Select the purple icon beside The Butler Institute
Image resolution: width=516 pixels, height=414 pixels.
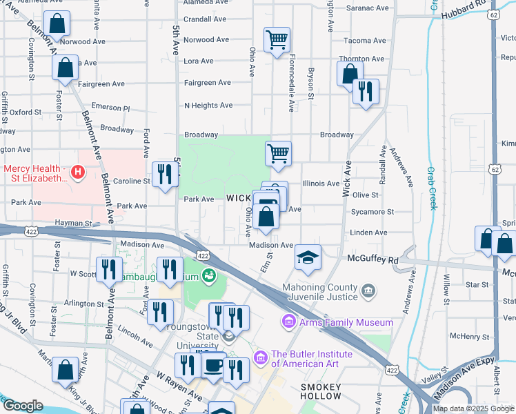point(260,358)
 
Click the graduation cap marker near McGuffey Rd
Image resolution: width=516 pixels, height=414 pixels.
point(308,258)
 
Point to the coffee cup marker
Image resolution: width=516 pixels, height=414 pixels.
point(214,364)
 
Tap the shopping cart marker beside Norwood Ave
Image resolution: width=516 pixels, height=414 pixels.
point(277,40)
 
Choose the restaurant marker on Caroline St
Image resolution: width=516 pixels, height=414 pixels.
point(164,173)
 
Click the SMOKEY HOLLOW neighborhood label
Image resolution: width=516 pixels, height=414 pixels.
point(321,391)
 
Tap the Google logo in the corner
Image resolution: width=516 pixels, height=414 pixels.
point(23,406)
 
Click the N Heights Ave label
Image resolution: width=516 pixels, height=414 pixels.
point(208,106)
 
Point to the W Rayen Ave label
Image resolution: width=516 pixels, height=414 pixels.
point(178,387)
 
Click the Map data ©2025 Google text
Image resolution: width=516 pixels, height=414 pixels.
point(473,408)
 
